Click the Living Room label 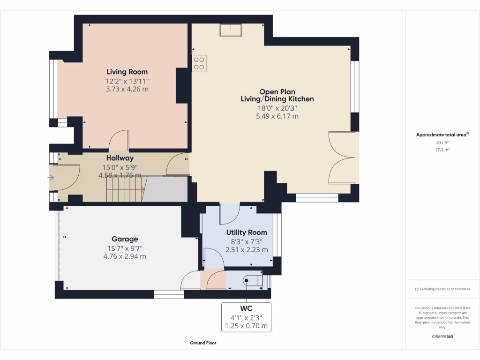(x=127, y=72)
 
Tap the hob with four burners (x=199, y=63)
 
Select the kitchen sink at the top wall (x=231, y=30)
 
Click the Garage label (x=125, y=239)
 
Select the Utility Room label (x=247, y=232)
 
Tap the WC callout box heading (x=246, y=308)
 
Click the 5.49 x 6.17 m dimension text (x=277, y=116)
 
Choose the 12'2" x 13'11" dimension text (x=127, y=81)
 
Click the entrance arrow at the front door (x=50, y=178)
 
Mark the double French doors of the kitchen (x=343, y=158)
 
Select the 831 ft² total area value (x=442, y=142)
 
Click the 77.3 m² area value (x=442, y=150)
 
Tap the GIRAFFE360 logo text (x=442, y=337)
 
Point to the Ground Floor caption (x=203, y=343)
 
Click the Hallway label (x=120, y=158)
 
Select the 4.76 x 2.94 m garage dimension (x=125, y=256)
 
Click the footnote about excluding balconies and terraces (x=442, y=289)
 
